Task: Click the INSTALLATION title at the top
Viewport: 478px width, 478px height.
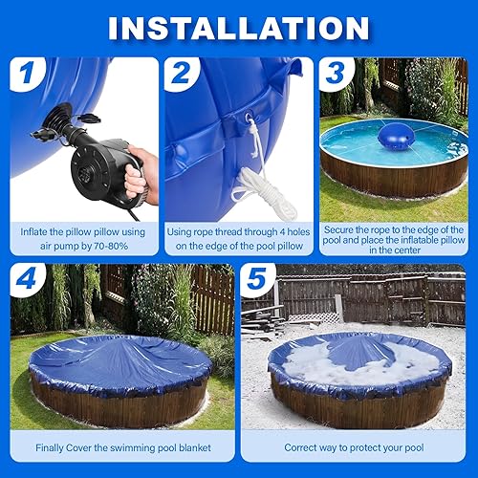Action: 238,26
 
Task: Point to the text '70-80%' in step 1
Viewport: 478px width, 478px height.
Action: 119,247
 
